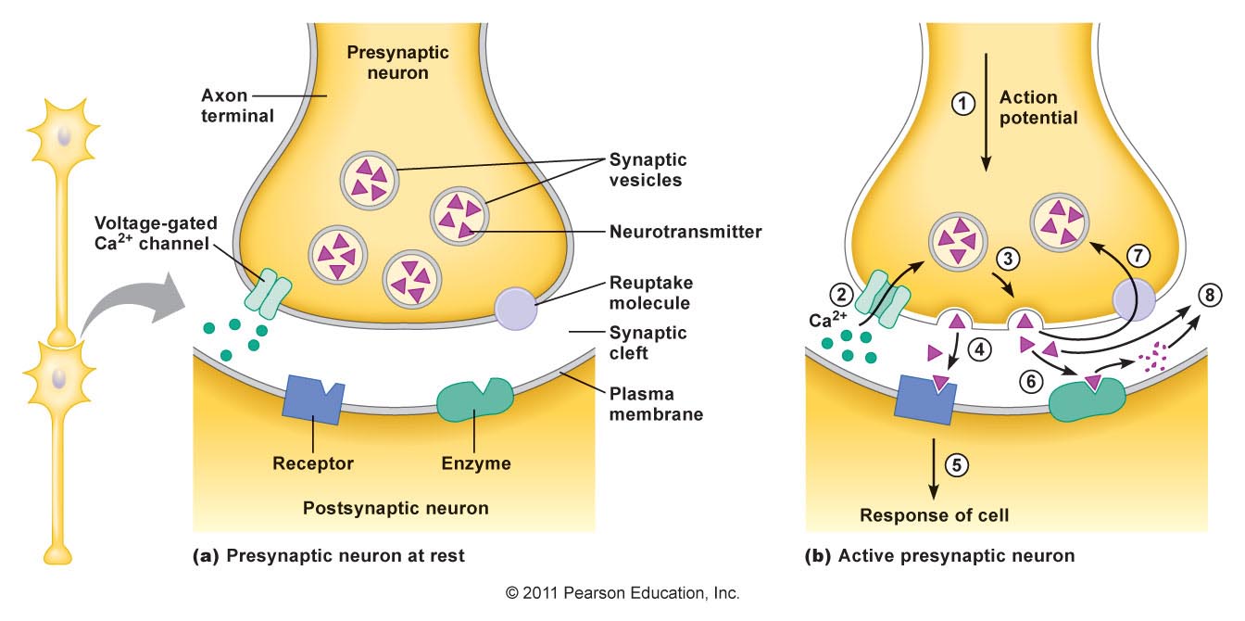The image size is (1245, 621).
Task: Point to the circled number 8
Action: (x=1210, y=296)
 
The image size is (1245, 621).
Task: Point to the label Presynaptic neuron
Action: (x=387, y=61)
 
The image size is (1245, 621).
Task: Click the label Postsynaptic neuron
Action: (x=396, y=508)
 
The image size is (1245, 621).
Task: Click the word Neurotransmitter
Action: (x=685, y=232)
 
